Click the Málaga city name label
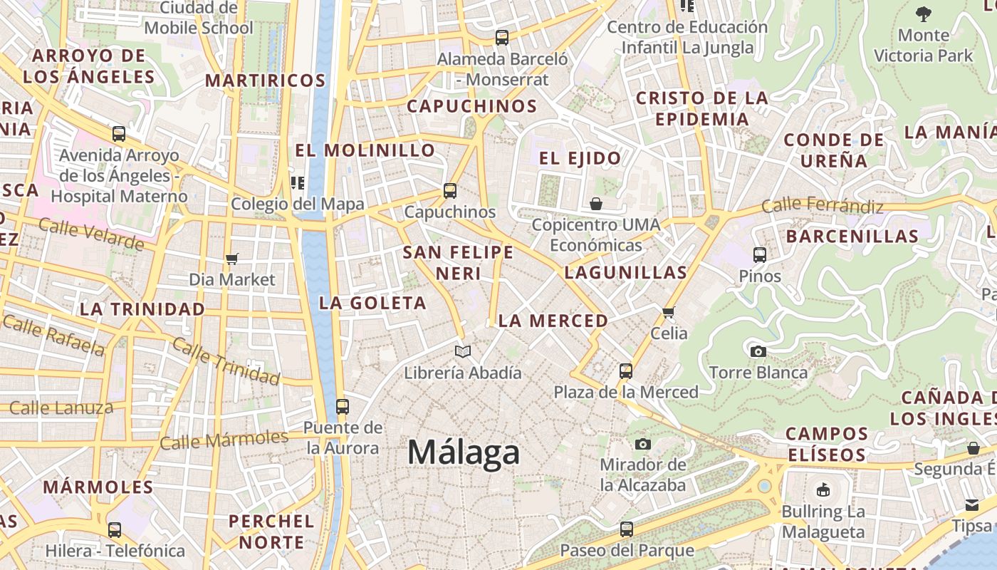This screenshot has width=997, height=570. click(x=464, y=452)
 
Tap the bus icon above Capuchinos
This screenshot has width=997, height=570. click(x=449, y=191)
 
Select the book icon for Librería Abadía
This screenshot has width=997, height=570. click(x=463, y=351)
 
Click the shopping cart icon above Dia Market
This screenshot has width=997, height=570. click(x=231, y=259)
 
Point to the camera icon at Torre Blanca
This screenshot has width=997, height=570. click(x=758, y=351)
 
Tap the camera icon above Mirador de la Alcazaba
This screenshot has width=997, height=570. click(x=643, y=445)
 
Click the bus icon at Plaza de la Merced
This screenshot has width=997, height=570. click(x=626, y=371)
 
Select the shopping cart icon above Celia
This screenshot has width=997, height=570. click(x=669, y=312)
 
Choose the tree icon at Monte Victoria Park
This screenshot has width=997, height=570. click(x=923, y=14)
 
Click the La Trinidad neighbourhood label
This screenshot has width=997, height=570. click(x=142, y=309)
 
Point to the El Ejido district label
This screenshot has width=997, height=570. click(x=580, y=158)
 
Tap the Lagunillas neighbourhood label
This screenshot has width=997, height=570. click(x=626, y=272)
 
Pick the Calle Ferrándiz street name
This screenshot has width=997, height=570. click(x=822, y=206)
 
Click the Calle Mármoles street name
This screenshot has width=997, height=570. click(x=224, y=440)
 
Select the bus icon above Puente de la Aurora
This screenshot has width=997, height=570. click(x=343, y=407)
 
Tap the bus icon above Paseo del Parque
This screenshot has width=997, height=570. click(x=627, y=529)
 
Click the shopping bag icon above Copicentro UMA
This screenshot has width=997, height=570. click(x=596, y=204)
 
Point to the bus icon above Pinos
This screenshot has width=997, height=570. click(x=760, y=255)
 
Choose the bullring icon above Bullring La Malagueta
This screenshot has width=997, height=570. click(x=823, y=490)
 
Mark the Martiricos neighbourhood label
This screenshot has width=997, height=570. click(x=266, y=81)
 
